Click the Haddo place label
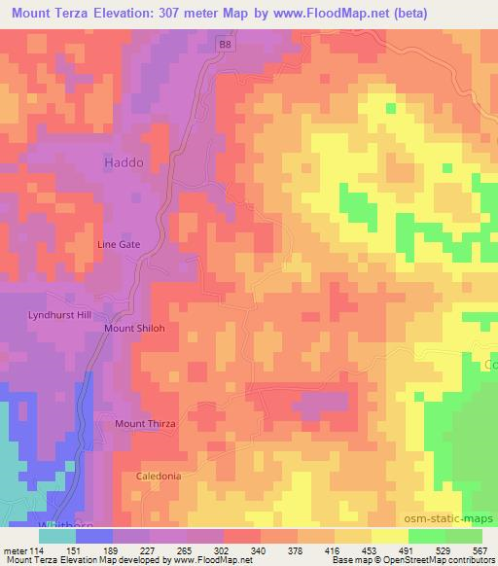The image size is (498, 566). coord(124,163)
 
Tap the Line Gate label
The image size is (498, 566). coord(120,245)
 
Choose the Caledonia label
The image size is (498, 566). coord(157,477)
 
